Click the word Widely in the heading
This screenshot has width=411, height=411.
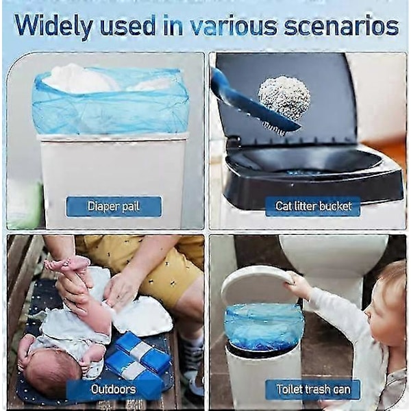pyautogui.click(x=53, y=27)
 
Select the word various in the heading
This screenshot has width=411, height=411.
pyautogui.click(x=233, y=26)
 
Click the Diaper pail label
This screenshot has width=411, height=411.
pyautogui.click(x=114, y=206)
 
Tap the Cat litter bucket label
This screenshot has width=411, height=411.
pyautogui.click(x=313, y=206)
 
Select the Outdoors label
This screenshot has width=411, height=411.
pyautogui.click(x=114, y=389)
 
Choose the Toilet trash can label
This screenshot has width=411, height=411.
pyautogui.click(x=313, y=389)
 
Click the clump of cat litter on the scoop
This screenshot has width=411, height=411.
pyautogui.click(x=284, y=95)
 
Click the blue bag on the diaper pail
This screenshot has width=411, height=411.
pyautogui.click(x=110, y=102)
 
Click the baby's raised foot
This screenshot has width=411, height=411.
pyautogui.click(x=68, y=264)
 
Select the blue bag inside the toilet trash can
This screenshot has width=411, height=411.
pyautogui.click(x=264, y=327)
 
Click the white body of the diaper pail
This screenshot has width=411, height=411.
pyautogui.click(x=113, y=181)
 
